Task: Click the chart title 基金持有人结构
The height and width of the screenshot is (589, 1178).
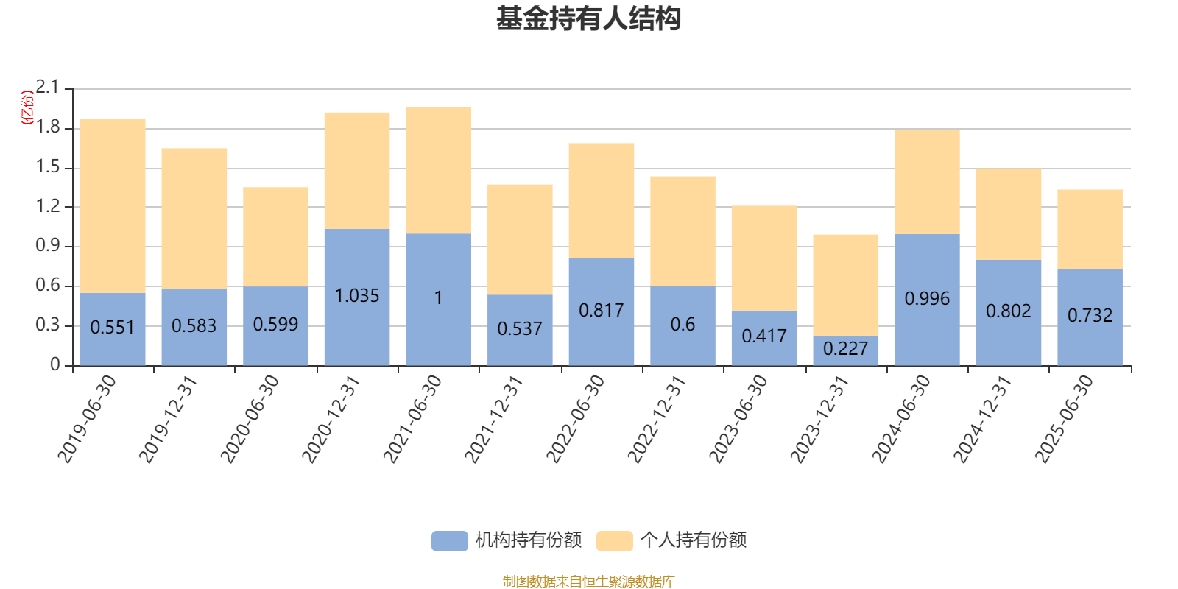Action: coord(588,19)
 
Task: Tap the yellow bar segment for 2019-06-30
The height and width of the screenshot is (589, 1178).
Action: coord(113,206)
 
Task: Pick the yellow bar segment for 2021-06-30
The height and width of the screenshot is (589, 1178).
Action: coord(438,170)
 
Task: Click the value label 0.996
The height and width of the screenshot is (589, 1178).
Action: coord(927,298)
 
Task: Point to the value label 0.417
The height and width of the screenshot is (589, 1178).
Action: coord(764,336)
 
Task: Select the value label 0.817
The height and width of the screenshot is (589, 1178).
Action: coord(601,310)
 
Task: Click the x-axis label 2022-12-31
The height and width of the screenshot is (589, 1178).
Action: coord(657,419)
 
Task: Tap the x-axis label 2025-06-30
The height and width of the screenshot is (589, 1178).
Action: coord(1064,419)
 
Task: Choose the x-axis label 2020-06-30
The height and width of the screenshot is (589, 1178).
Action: coord(250,419)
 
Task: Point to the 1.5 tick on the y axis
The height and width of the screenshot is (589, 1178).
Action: coord(48,167)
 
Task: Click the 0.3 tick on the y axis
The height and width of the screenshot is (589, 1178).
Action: coord(48,325)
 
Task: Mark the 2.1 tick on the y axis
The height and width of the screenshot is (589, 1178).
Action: coord(48,88)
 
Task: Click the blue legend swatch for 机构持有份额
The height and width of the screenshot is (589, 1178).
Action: coord(449,540)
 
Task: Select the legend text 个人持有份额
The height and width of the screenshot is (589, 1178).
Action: coord(693,540)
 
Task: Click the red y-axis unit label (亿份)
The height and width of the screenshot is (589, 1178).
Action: coord(27,107)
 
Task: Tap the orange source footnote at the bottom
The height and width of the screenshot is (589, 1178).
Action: coord(588,582)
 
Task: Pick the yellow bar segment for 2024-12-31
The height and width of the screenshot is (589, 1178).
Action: coord(1009,214)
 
